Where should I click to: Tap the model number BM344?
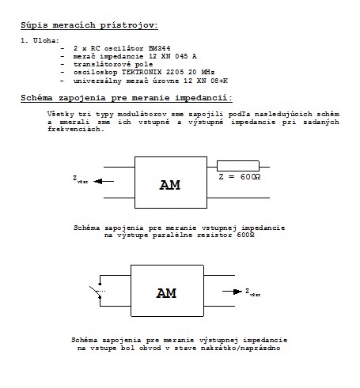(160, 48)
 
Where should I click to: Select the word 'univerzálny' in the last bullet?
(97, 81)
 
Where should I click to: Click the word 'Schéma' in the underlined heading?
(36, 98)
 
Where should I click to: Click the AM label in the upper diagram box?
(170, 185)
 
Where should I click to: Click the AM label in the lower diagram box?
(166, 293)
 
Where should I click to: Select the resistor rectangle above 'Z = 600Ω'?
(238, 166)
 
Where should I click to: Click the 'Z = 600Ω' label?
(240, 177)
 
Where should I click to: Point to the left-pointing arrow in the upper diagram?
(104, 181)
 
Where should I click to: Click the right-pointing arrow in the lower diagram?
(232, 292)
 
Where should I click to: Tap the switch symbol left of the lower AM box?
(97, 291)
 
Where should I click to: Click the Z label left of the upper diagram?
(80, 179)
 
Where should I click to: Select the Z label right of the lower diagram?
(252, 292)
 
